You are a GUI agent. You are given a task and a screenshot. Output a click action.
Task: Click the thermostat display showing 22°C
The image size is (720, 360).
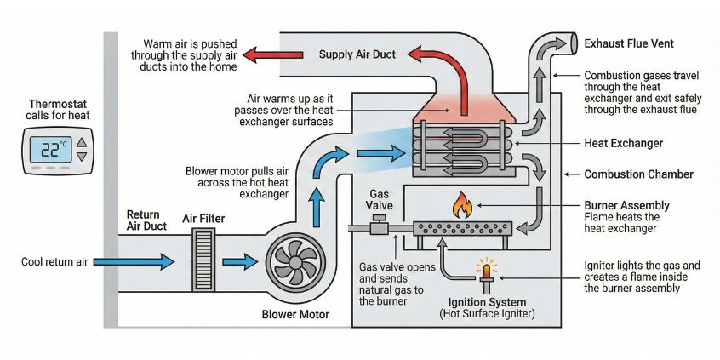point(49,150)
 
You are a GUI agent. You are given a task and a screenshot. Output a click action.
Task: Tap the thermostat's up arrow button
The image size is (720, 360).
point(82,143)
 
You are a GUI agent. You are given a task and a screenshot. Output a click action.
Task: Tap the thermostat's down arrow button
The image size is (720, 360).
point(82,157)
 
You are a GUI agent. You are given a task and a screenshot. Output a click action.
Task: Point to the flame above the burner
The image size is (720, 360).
point(462,204)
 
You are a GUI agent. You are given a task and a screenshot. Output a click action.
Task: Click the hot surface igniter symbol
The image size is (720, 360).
point(487,271)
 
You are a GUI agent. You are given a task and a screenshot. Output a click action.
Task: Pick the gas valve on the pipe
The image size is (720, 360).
point(380,227)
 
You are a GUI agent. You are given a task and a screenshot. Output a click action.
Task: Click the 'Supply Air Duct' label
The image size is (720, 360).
point(357,55)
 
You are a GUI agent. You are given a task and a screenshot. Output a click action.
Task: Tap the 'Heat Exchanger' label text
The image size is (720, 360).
point(624,143)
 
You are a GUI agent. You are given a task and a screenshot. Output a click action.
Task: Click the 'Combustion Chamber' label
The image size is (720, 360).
point(639,174)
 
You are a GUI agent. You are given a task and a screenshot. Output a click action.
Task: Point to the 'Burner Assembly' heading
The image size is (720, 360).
point(626,205)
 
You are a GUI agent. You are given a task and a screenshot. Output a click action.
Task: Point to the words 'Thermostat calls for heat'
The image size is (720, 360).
point(57,110)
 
